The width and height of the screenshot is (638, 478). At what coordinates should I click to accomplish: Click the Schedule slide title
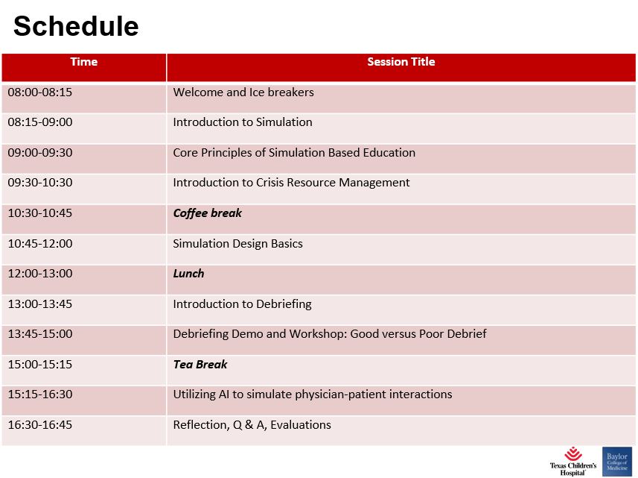[76, 26]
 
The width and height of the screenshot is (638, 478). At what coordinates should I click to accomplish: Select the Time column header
[84, 62]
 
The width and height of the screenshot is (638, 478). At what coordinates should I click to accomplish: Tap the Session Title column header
[401, 62]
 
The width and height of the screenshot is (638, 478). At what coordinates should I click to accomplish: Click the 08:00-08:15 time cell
[40, 92]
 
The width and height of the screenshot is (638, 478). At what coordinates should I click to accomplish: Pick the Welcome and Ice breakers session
[243, 92]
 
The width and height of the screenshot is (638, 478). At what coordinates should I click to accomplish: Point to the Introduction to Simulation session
[243, 122]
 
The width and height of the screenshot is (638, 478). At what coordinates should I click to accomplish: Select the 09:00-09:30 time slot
[40, 152]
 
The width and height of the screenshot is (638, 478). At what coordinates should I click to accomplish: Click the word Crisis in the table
[269, 182]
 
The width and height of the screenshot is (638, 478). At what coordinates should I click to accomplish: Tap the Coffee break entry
[208, 213]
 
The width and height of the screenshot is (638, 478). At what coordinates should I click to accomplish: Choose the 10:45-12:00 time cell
[40, 243]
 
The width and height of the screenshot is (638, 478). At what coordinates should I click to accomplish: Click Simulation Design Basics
[237, 243]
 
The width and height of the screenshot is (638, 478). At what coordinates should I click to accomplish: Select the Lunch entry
[188, 273]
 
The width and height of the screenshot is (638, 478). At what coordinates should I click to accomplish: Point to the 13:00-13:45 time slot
[40, 304]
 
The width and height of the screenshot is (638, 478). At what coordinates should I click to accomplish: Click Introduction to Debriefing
[242, 304]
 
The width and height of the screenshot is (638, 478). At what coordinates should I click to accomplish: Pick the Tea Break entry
[200, 365]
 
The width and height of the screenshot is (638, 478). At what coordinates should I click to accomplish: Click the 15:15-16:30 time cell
[40, 394]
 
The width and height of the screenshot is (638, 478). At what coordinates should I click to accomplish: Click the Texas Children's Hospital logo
[573, 462]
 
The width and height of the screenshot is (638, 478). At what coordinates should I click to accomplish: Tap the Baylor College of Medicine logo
[617, 462]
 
